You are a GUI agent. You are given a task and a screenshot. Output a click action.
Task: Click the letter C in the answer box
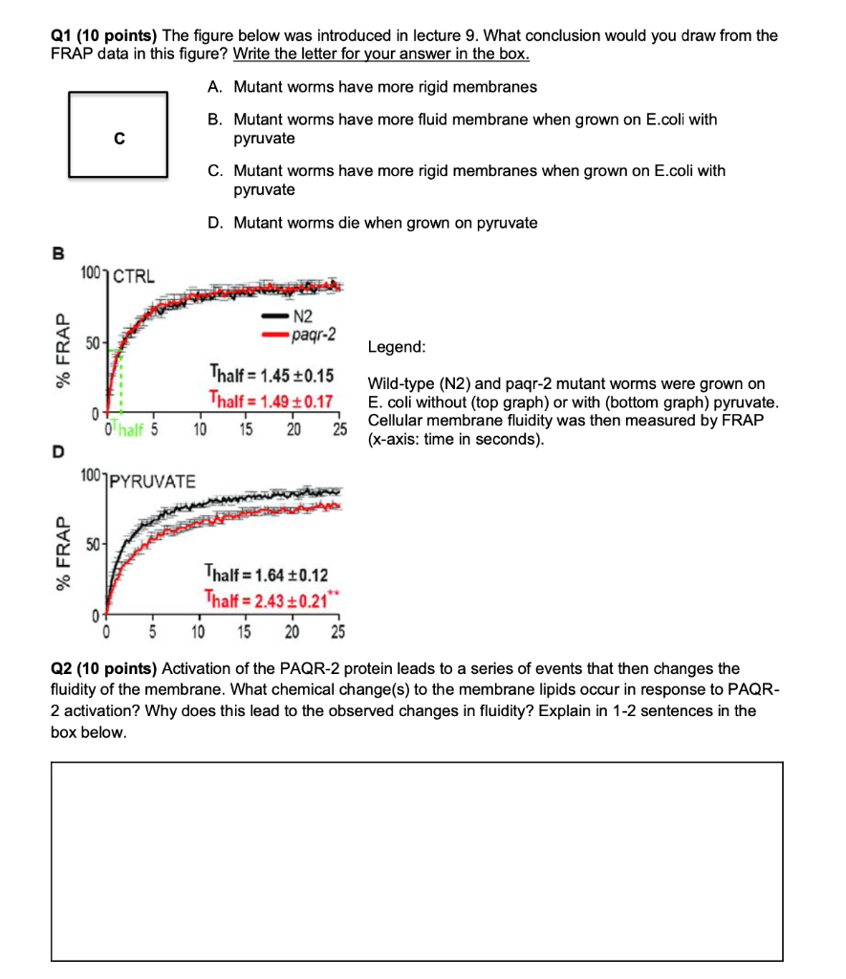click(x=119, y=139)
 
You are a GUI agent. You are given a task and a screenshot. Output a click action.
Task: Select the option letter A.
click(x=214, y=87)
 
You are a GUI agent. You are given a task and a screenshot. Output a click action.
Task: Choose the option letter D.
click(x=214, y=223)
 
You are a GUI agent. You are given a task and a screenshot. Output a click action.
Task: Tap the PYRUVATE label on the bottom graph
click(x=151, y=480)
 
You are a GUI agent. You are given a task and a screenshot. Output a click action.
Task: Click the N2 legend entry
click(x=303, y=316)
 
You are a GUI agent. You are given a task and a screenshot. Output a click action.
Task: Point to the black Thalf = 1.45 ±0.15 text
click(x=271, y=374)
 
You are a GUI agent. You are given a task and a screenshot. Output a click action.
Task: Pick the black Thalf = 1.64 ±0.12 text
click(x=266, y=575)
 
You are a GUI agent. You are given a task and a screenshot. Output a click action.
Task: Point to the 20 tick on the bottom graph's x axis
click(x=292, y=632)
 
